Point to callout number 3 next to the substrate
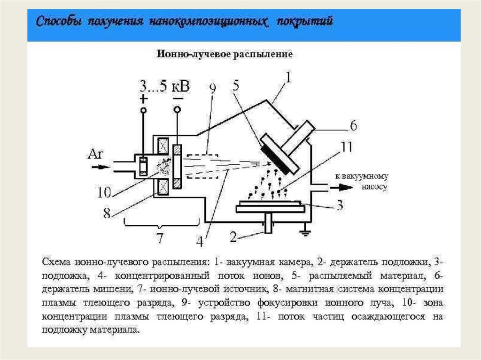339,205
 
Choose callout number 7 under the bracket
160,238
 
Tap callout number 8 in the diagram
107,213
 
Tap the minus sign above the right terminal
178,98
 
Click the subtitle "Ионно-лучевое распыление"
225,55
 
